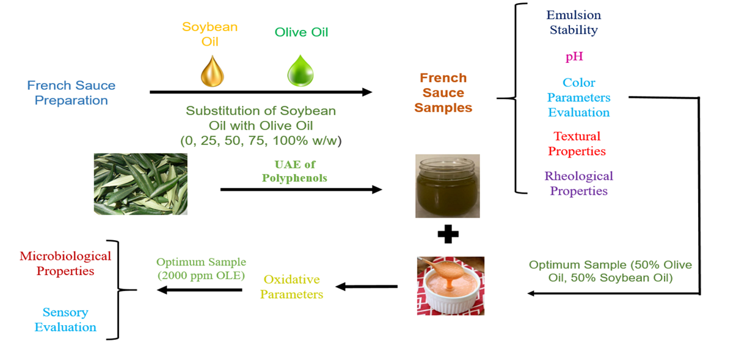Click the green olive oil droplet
301,72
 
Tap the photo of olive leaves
140,184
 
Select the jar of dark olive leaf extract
447,186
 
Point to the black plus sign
448,234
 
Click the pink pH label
574,57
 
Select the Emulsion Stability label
573,22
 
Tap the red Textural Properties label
577,144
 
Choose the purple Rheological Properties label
578,183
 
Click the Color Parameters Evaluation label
578,98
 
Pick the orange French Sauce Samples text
443,93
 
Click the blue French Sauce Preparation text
71,93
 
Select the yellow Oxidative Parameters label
291,287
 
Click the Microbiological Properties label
65,263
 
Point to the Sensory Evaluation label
65,320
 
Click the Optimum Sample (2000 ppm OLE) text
200,268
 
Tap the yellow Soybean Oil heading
210,34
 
